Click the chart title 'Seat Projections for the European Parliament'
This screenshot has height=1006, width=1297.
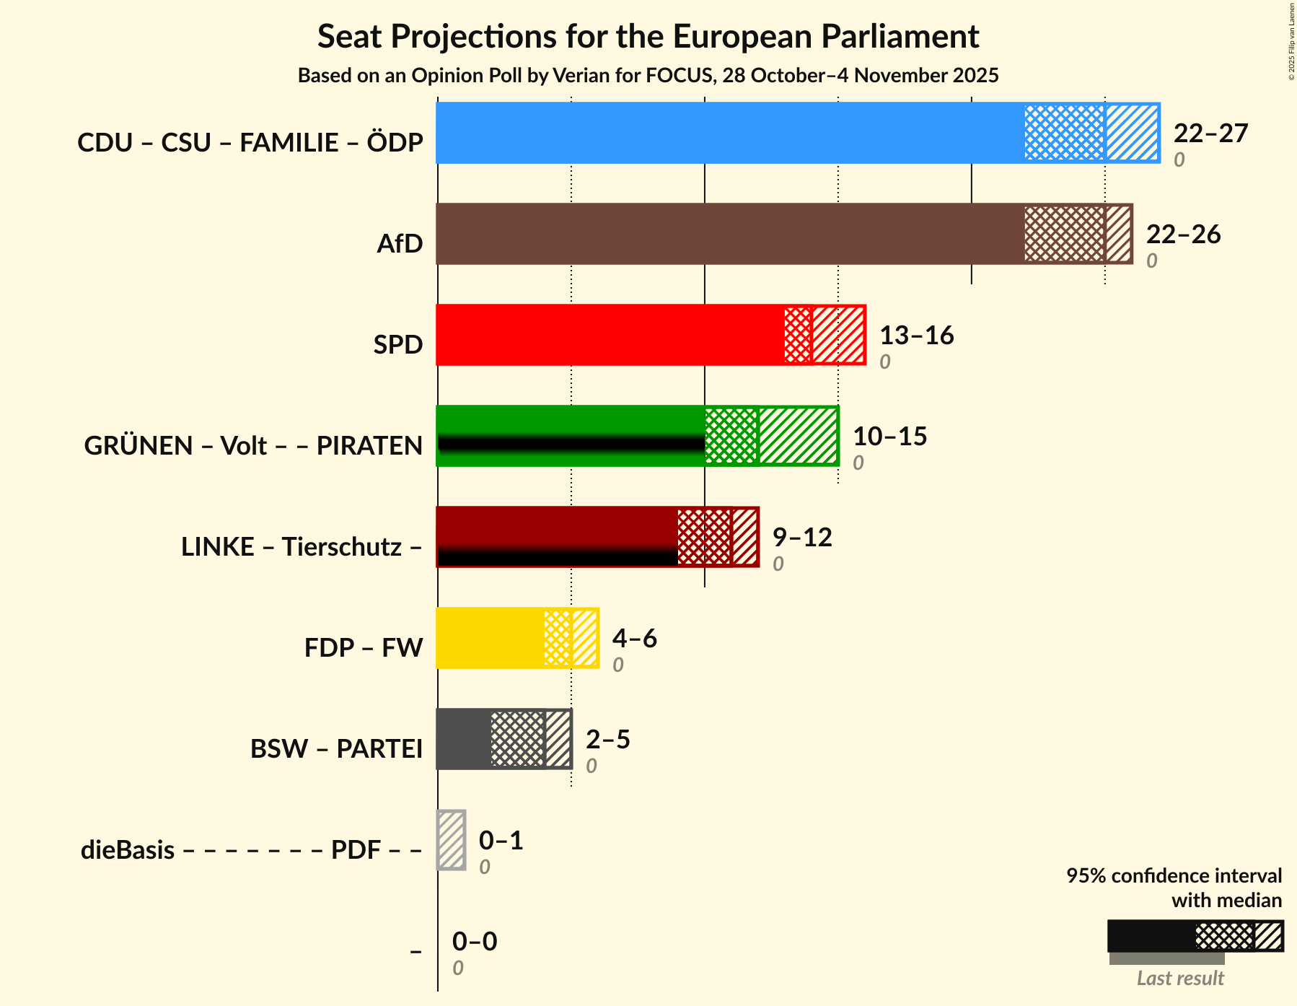[x=648, y=36]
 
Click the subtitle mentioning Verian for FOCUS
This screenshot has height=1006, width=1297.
[x=648, y=76]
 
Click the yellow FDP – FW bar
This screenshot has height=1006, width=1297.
[x=491, y=638]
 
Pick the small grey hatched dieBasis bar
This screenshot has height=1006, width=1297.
[x=452, y=840]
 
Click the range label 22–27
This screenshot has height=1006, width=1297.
[x=1210, y=134]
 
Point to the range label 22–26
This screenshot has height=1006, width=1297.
[x=1183, y=235]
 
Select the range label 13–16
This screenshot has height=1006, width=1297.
[x=916, y=336]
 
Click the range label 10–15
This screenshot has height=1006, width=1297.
[x=889, y=437]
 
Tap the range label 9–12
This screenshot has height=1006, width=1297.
[x=802, y=538]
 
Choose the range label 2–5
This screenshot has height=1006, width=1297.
[x=607, y=740]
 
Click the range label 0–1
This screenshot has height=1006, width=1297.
[x=501, y=841]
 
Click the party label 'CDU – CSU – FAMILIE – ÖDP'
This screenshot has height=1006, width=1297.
[x=250, y=143]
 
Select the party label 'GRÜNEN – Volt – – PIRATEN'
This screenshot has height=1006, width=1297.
[x=253, y=446]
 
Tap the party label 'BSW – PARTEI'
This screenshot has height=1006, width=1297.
[x=336, y=749]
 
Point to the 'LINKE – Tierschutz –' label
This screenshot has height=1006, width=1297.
[x=302, y=547]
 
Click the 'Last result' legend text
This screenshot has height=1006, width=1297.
[x=1180, y=979]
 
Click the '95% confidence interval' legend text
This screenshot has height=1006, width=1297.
[x=1174, y=876]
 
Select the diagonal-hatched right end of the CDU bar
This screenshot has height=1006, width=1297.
[x=1132, y=133]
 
